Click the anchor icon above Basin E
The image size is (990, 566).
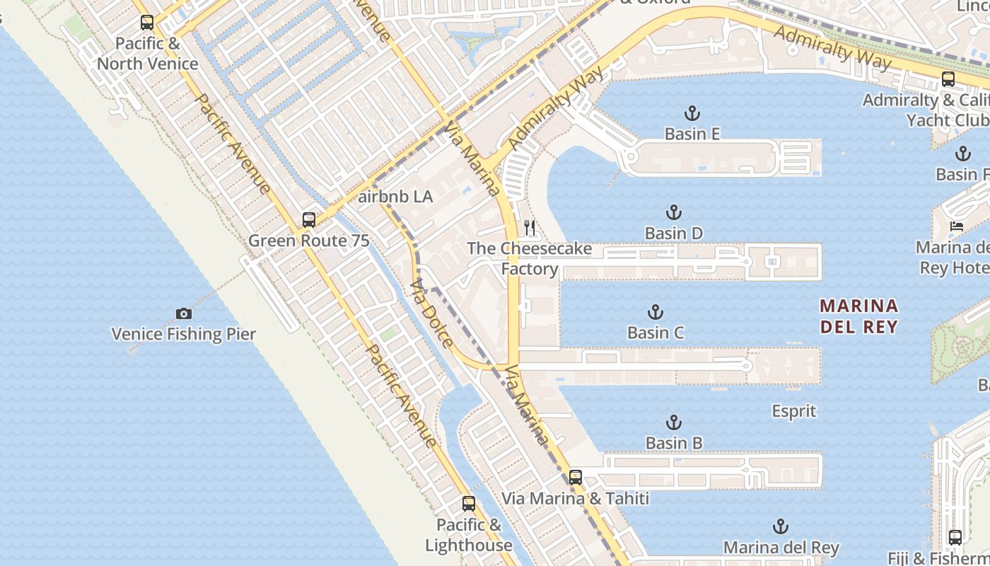point(692,113)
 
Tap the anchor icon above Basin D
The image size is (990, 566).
point(674,212)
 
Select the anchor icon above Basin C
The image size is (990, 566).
point(656,312)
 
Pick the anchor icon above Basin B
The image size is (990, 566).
point(674,423)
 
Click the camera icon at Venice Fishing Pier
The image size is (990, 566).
point(184,313)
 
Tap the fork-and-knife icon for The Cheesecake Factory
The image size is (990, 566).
point(529,228)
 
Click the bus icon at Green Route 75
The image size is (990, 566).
point(309,220)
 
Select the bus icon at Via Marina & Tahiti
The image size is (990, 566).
point(576,478)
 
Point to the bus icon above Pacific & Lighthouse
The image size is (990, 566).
point(469,504)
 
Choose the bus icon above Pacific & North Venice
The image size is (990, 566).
point(147,23)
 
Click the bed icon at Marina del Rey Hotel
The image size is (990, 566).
point(957,227)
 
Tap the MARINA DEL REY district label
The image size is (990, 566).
point(859,316)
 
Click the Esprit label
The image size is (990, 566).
point(793,411)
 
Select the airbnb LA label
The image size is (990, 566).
point(395,197)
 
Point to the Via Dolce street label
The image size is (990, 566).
point(431,313)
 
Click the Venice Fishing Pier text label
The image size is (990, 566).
point(184,334)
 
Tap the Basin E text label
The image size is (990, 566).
point(692,134)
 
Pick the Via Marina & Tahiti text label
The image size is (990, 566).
point(575,498)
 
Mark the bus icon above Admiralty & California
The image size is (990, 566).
point(948,79)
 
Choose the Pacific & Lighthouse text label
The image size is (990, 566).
point(469,535)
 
